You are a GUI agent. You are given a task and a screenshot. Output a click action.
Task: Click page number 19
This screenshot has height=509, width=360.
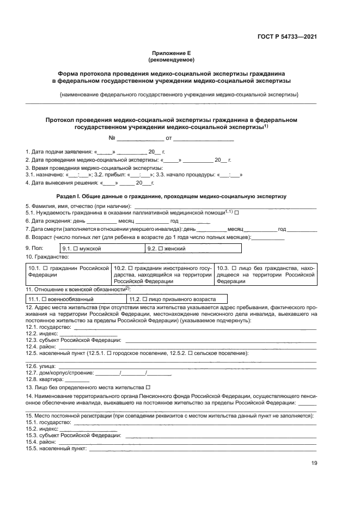point(313,463)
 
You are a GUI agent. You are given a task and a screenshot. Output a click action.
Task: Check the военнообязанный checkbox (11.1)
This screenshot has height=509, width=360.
point(45,299)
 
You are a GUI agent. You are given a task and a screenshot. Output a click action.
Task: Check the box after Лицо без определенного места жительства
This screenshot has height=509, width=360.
point(148,387)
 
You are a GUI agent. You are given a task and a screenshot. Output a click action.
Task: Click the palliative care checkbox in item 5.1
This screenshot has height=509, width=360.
point(236,212)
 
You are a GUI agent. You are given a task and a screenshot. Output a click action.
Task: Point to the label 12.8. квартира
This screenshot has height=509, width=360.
point(40,379)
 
